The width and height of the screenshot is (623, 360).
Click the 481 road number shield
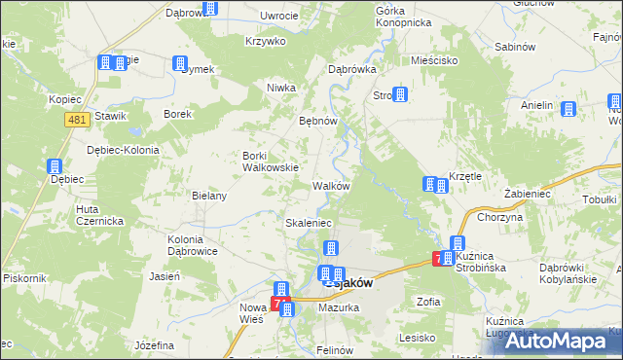[80, 119]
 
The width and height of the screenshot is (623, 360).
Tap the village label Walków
[331, 185]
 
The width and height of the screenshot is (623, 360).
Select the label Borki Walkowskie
[270, 161]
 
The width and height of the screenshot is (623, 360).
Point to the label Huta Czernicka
[99, 214]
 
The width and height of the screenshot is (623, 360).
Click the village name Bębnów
[317, 122]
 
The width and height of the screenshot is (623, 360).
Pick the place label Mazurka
[344, 307]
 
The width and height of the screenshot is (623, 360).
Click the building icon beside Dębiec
[55, 166]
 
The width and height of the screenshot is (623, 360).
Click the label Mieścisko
[434, 59]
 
